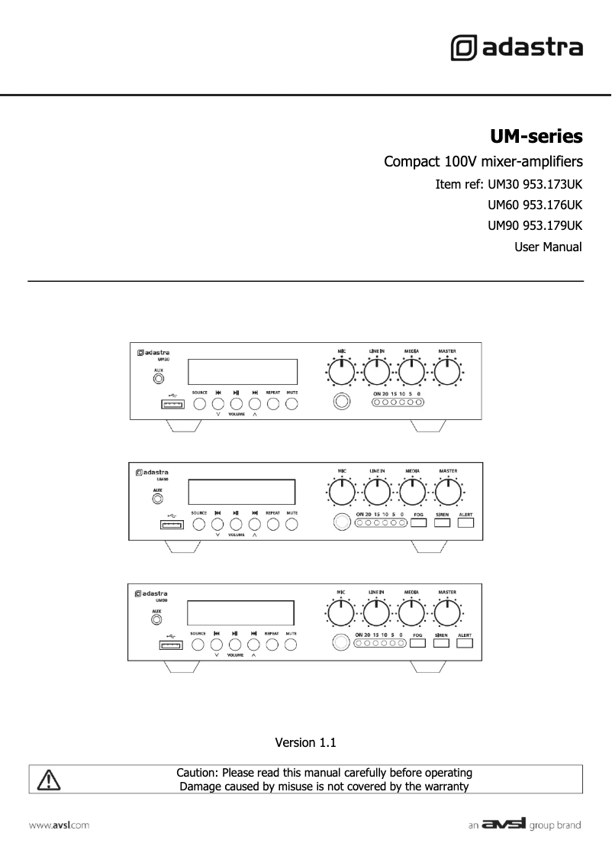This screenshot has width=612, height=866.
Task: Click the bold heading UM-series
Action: point(536,137)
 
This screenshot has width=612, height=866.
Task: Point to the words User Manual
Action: point(549,247)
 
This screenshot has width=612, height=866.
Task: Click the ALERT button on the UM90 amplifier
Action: point(465,644)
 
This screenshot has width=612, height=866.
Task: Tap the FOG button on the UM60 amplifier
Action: point(417,523)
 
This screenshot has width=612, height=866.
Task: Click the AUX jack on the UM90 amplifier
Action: point(156,620)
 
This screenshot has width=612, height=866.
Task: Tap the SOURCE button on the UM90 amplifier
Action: point(198,645)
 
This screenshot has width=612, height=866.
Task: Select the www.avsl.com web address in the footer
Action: point(60,826)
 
